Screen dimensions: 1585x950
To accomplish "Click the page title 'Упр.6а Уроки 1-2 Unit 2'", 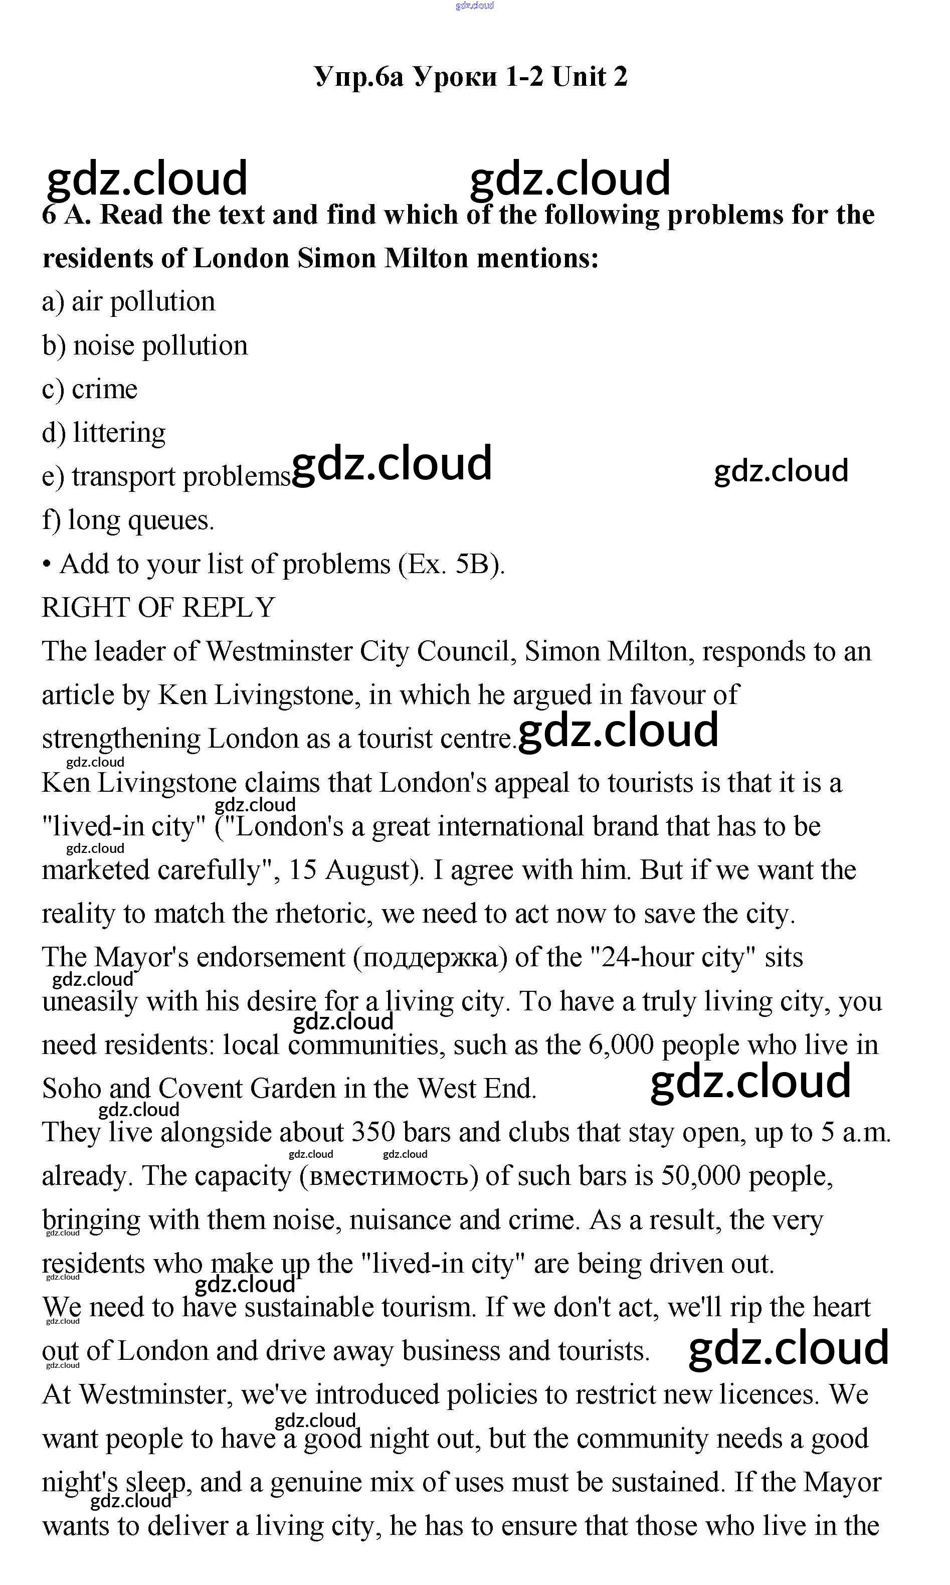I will [471, 77].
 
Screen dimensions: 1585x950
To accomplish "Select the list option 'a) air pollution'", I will [128, 301].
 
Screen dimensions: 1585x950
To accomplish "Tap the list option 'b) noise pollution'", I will [145, 345].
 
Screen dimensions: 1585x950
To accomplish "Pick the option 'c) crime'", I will [90, 389].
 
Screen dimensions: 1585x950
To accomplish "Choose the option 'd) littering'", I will [104, 433].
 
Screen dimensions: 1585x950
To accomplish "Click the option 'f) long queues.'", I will [128, 520].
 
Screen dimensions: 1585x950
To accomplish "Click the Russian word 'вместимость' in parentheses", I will [389, 1176].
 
